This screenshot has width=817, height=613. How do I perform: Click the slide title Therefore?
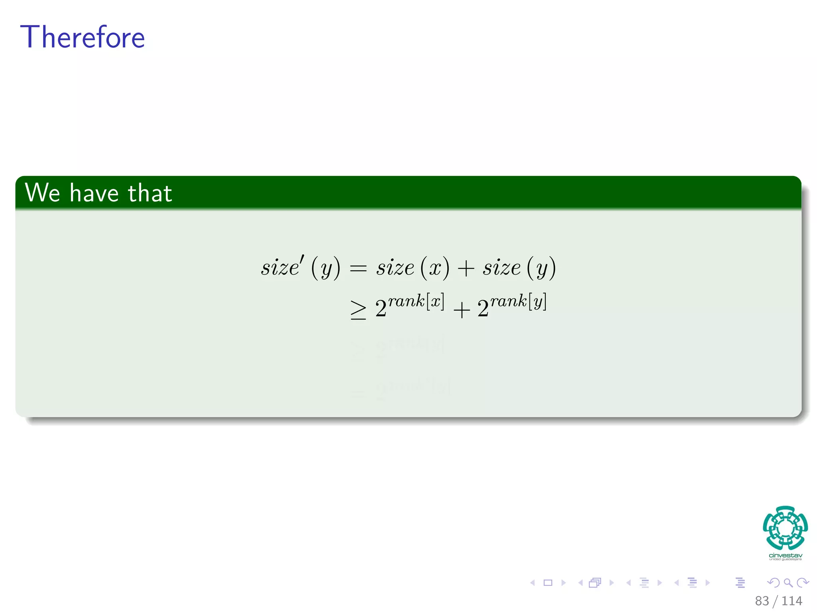82,37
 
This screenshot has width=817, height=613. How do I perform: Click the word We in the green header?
42,193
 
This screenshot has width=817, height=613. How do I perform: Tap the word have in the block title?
94,193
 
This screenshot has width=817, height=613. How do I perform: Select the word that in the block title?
150,193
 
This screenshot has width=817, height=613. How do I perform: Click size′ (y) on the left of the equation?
300,267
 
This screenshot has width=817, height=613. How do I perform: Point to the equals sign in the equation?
358,269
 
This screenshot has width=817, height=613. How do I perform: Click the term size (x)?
412,267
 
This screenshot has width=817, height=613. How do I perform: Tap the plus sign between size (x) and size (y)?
466,269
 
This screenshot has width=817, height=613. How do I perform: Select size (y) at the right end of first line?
519,267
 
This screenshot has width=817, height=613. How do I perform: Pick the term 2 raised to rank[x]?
409,306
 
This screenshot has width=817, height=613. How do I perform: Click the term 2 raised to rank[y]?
511,306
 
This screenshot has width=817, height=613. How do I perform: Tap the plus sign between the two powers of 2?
462,310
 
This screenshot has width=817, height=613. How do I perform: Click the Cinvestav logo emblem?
785,528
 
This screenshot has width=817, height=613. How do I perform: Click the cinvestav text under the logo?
785,556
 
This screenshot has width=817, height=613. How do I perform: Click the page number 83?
762,601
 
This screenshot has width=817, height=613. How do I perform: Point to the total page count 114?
791,601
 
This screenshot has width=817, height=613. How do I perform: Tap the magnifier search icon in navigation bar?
788,583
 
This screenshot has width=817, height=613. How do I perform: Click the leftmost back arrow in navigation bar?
532,583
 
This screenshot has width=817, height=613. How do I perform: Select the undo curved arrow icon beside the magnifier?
773,583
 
